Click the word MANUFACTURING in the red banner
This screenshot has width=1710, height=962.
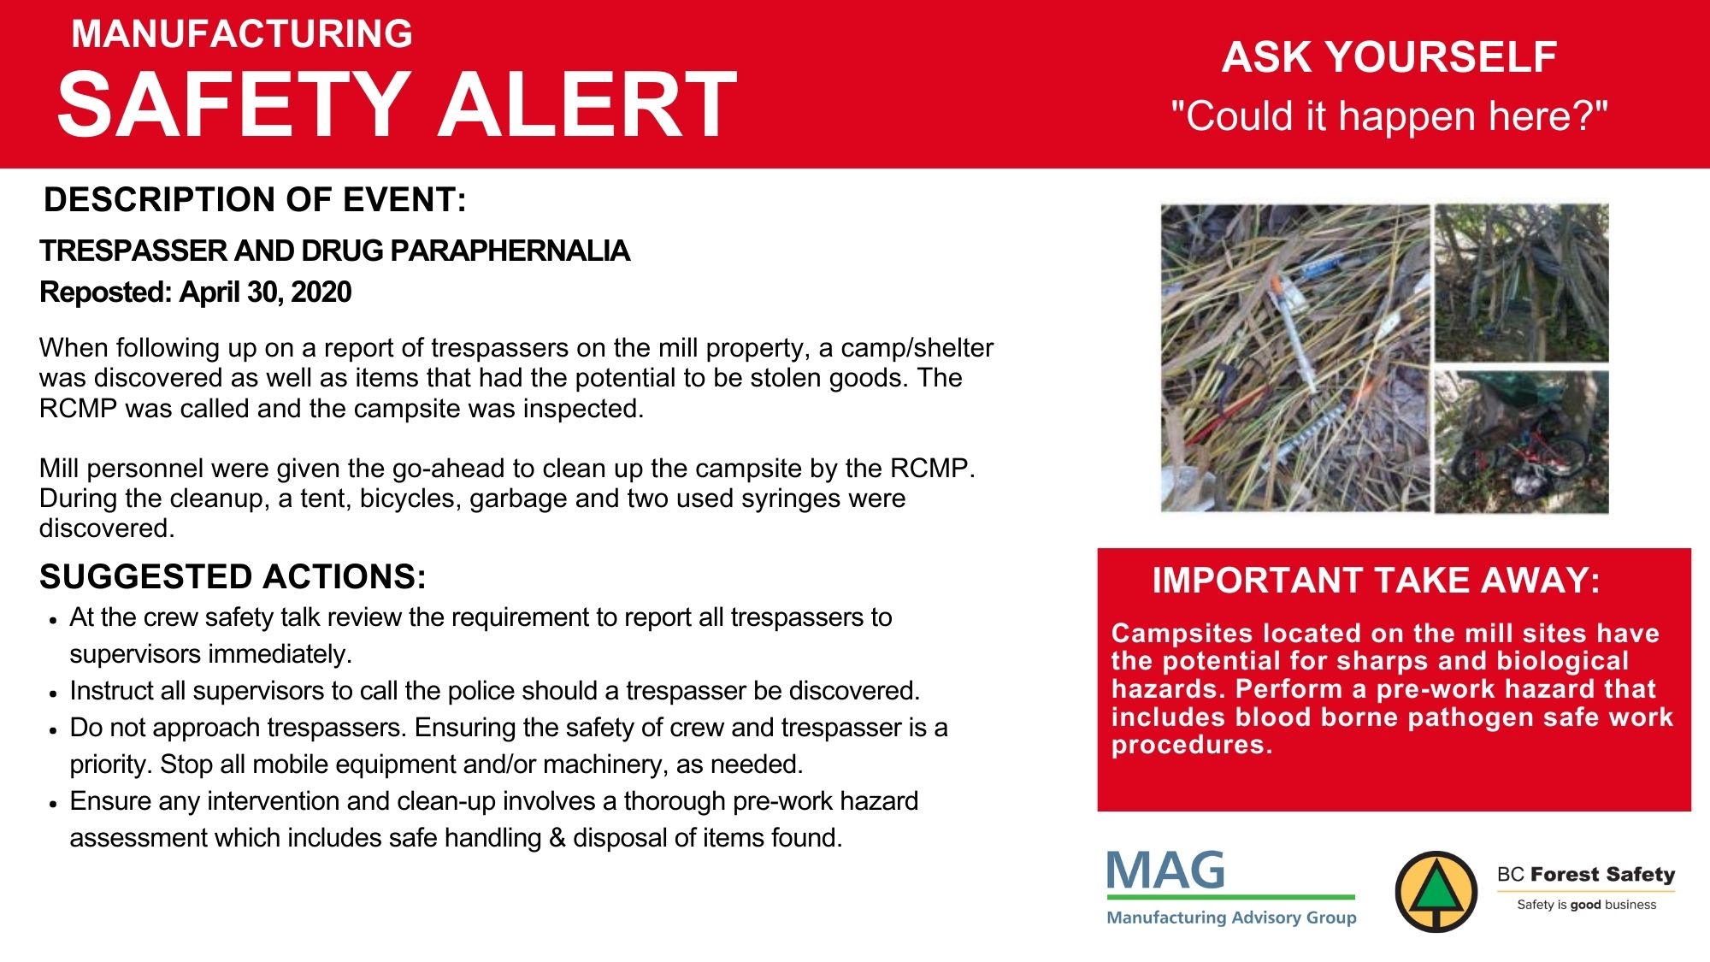point(242,34)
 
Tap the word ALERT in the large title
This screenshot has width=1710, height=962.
point(588,104)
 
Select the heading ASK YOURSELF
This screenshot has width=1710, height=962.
point(1389,57)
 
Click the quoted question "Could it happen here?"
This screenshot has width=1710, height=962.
point(1389,115)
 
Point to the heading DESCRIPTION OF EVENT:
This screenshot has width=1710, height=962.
point(255,199)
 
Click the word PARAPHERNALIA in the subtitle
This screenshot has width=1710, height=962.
point(510,251)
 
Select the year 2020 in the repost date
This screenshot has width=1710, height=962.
point(321,292)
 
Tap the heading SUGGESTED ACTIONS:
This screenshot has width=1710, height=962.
point(233,577)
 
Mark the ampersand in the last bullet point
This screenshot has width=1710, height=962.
point(557,838)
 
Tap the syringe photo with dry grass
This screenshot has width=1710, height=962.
point(1295,357)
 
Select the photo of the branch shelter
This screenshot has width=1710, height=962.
point(1522,282)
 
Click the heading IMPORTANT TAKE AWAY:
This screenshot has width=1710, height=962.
point(1377,581)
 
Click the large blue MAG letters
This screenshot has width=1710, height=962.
point(1165,871)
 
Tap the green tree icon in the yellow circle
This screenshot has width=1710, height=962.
point(1436,891)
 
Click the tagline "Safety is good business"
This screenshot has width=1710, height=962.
point(1586,905)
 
